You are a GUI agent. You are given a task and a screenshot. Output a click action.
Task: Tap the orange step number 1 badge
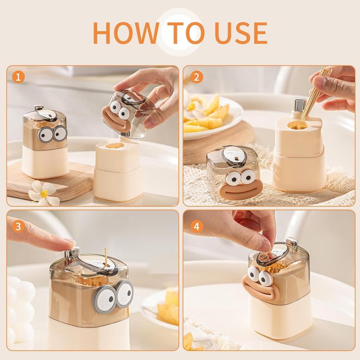pyautogui.click(x=18, y=77)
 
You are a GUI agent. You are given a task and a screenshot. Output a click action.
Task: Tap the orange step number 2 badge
pyautogui.click(x=197, y=77)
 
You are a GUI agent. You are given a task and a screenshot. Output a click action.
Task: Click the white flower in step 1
pyautogui.click(x=44, y=194)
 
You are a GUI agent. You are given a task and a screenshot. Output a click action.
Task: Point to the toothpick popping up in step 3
pyautogui.click(x=105, y=256)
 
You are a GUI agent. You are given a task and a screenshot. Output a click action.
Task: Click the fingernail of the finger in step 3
pyautogui.click(x=70, y=242)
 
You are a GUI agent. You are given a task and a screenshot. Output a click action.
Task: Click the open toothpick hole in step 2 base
pyautogui.click(x=297, y=124)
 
